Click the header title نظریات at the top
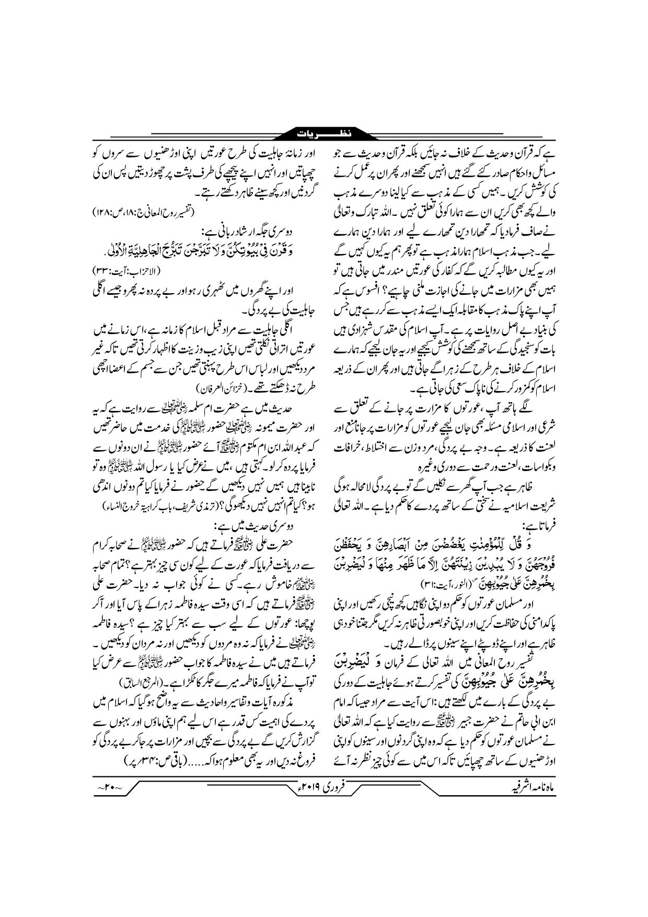click(324, 134)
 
